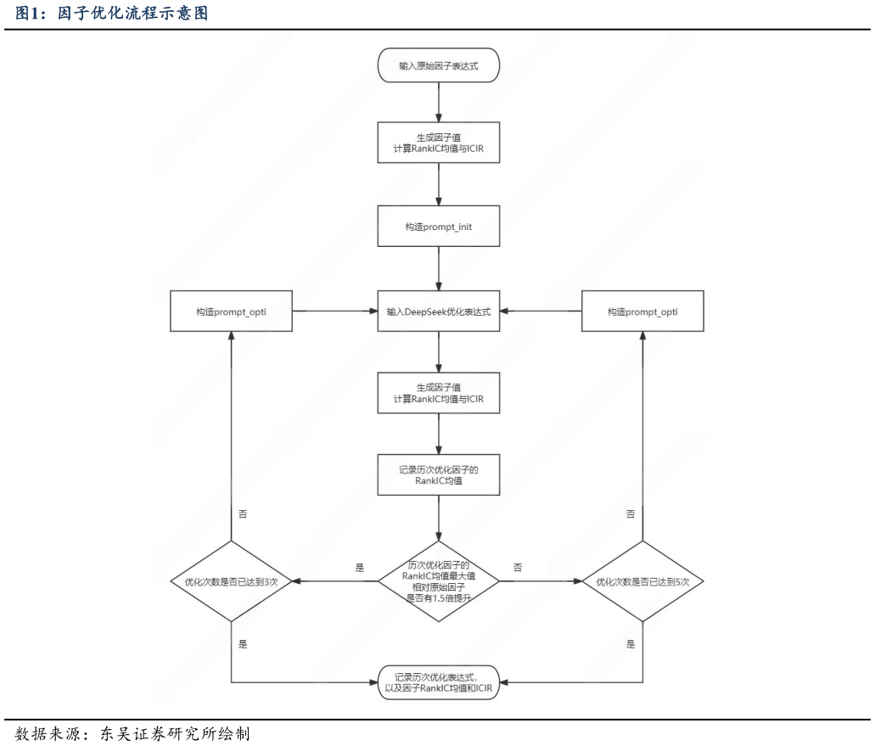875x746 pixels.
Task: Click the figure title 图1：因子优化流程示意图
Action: click(x=111, y=14)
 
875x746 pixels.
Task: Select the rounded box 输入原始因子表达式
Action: click(x=438, y=65)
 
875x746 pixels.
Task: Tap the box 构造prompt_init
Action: click(x=438, y=227)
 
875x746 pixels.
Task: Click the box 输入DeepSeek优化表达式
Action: click(x=438, y=311)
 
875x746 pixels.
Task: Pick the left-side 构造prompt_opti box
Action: click(x=231, y=311)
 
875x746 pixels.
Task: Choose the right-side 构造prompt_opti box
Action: click(x=642, y=311)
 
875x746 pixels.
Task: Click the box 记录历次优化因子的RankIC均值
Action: click(x=438, y=475)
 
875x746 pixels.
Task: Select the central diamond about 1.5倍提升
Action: click(x=438, y=581)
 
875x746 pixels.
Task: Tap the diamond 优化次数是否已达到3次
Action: click(x=231, y=581)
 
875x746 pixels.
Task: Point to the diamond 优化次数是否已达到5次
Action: click(x=642, y=581)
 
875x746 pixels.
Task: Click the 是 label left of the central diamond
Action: click(x=359, y=567)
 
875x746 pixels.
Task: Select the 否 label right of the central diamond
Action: click(x=518, y=567)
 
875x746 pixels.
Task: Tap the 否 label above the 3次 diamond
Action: click(x=243, y=514)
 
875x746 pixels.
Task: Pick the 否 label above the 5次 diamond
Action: click(x=631, y=514)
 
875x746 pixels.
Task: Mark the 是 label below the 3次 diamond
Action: click(x=243, y=644)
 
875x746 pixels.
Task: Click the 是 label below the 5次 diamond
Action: click(x=631, y=644)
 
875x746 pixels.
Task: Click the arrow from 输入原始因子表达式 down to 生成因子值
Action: click(x=438, y=102)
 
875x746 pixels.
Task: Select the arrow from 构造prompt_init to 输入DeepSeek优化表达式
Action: click(x=438, y=268)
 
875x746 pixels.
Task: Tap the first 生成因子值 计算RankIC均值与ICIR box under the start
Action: click(x=438, y=143)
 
